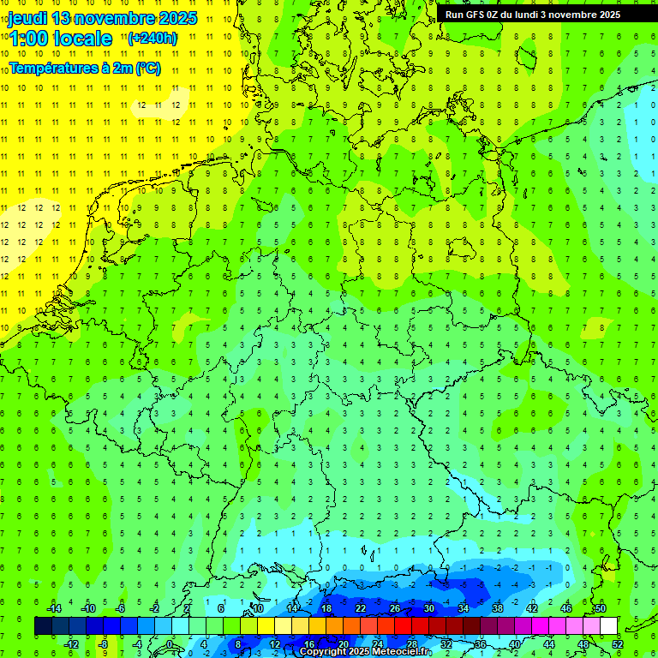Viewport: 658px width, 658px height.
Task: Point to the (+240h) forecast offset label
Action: coord(153,38)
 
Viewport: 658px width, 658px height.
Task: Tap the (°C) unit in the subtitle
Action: coord(147,68)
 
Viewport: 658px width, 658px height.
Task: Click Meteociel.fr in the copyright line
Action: coord(403,652)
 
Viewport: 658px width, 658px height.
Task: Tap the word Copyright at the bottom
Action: coord(324,652)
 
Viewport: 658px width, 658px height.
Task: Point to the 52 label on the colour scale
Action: coord(618,644)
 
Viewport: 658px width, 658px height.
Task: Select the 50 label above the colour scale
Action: coord(600,608)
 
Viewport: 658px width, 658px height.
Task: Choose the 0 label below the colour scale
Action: coord(170,644)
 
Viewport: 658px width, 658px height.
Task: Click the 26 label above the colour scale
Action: coord(395,608)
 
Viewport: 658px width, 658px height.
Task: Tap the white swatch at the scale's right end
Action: coord(608,626)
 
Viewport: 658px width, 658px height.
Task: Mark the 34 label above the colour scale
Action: coord(464,608)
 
